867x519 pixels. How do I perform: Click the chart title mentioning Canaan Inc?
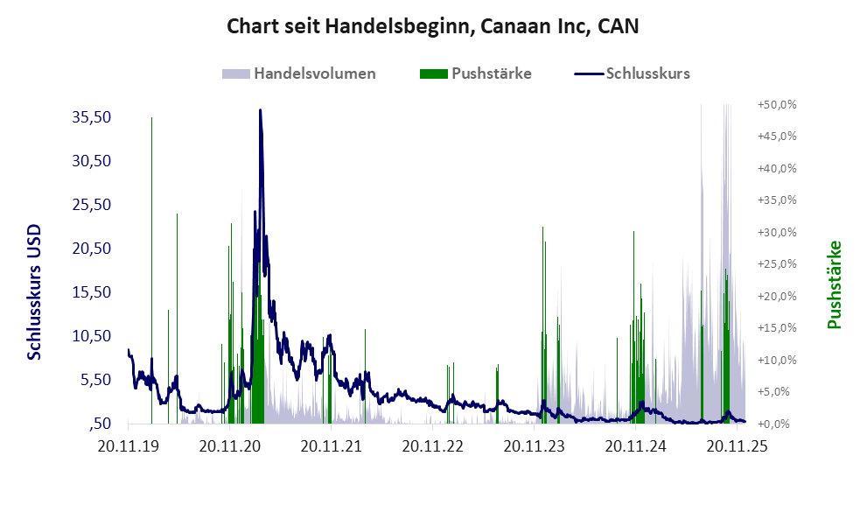[x=433, y=26]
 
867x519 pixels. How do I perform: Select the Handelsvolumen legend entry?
[x=315, y=74]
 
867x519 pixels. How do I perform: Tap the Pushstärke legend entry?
[x=491, y=74]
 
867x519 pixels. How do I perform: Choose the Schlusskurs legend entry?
[x=648, y=74]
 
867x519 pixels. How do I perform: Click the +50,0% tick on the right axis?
[x=776, y=104]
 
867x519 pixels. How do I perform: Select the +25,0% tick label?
[x=776, y=264]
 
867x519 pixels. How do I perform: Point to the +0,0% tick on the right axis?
[x=778, y=424]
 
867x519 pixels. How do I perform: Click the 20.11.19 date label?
[x=129, y=446]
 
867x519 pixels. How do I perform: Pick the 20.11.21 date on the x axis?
[x=332, y=446]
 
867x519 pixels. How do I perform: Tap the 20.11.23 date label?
[x=535, y=446]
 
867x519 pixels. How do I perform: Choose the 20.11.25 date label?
[x=737, y=446]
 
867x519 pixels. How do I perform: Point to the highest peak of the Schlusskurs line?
[x=260, y=110]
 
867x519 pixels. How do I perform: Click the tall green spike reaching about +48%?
[x=151, y=119]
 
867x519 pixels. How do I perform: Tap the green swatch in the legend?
[x=433, y=74]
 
